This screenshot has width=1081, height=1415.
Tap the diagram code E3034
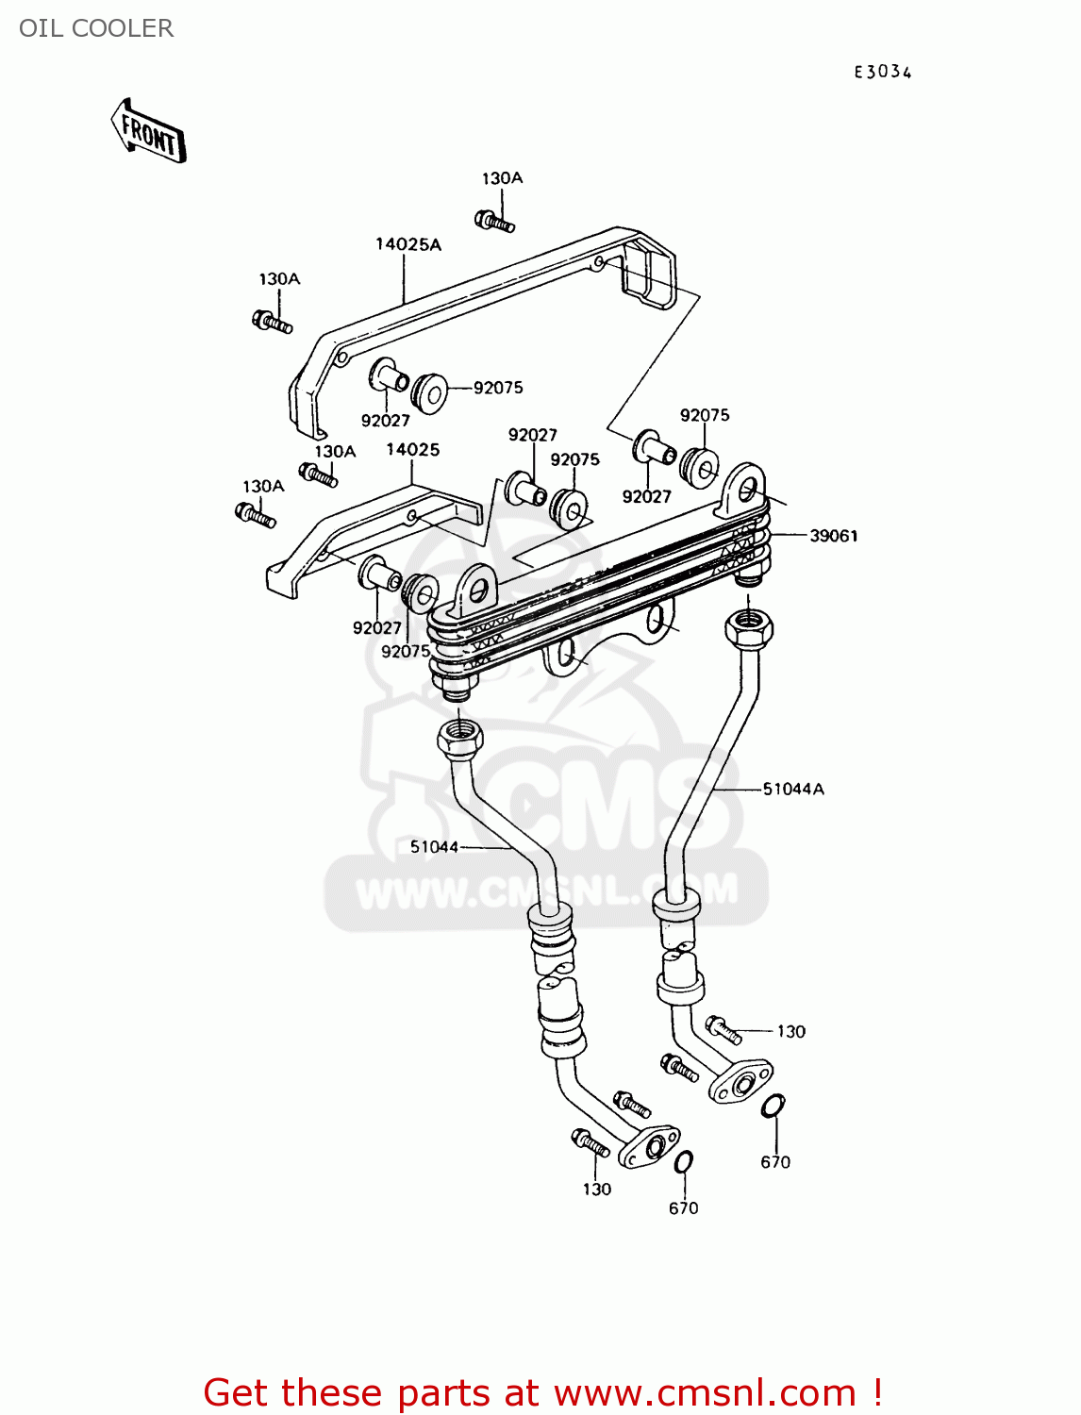pos(883,73)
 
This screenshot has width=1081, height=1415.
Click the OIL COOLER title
pos(96,28)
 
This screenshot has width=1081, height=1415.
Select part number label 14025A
pos(408,244)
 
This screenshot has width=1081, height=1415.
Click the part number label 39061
pos(834,536)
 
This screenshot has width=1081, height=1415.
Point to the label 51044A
pos(793,789)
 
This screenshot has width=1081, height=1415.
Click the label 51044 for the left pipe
pos(434,847)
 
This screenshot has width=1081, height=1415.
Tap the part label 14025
pos(412,450)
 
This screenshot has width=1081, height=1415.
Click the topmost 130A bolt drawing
pos(495,222)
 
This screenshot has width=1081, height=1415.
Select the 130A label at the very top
pos(502,178)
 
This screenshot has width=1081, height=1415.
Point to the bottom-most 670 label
pos(683,1208)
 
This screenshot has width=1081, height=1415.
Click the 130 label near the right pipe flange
pos(790,1032)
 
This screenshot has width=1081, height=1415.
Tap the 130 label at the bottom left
pos(596,1190)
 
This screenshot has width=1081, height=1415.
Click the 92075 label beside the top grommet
pos(497,388)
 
